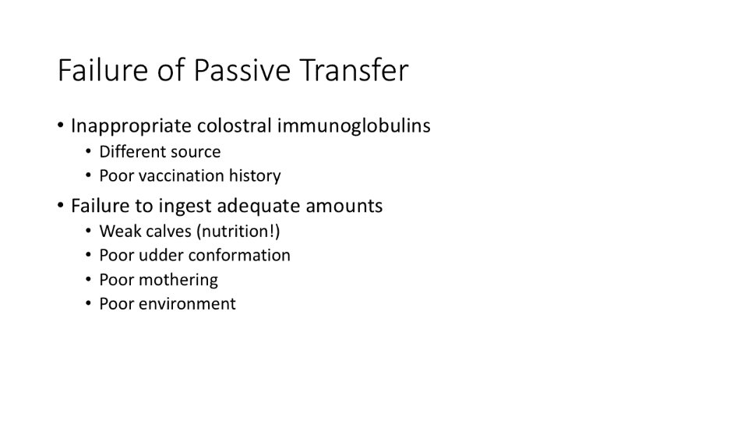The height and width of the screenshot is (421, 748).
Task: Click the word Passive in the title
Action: tap(242, 70)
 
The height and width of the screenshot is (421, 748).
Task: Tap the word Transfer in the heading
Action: tap(354, 70)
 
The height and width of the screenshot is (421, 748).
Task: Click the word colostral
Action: tap(235, 126)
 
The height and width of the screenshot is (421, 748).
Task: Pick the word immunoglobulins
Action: tap(354, 126)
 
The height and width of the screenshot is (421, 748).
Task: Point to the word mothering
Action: tap(178, 281)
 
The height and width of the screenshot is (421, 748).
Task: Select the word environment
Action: tap(187, 304)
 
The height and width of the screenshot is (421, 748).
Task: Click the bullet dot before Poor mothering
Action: tap(88, 280)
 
